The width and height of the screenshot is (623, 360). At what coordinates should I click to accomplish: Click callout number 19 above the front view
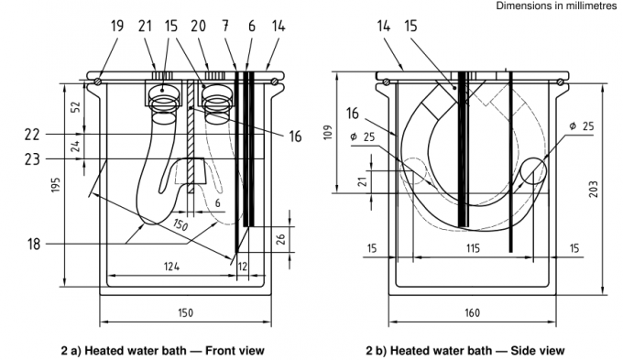[x=117, y=27]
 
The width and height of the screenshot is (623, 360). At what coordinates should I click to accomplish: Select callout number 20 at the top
[x=198, y=27]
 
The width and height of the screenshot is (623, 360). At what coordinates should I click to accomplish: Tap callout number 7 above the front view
[x=225, y=27]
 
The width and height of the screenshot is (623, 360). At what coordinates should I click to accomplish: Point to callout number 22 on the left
[x=32, y=135]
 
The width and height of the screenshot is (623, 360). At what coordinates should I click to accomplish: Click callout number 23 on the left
[x=32, y=159]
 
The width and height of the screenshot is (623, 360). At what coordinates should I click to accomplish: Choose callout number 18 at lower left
[x=34, y=244]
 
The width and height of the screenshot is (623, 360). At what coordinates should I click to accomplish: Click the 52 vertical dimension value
[x=75, y=107]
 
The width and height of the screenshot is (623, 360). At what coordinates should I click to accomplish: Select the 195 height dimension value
[x=56, y=185]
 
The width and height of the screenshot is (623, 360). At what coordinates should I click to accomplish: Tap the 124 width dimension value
[x=171, y=266]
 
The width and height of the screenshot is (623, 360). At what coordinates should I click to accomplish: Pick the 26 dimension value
[x=280, y=239]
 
